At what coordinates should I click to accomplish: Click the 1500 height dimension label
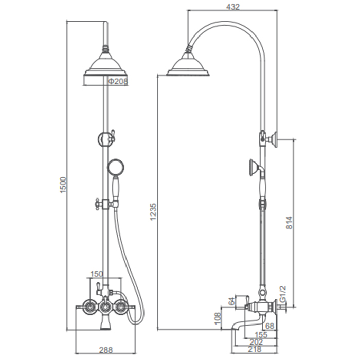[63, 185]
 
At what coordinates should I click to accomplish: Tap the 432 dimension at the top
[233, 7]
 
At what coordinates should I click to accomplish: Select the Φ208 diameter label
[118, 81]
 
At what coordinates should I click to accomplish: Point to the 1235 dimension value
[153, 211]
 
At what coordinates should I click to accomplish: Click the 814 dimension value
[289, 223]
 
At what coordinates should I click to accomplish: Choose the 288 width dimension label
[106, 350]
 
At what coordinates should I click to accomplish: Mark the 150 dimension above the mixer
[97, 274]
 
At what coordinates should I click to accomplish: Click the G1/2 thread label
[283, 294]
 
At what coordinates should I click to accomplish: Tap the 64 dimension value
[232, 301]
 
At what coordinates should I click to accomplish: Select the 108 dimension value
[218, 318]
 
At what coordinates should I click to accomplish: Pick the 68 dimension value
[269, 326]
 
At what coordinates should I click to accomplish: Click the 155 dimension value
[261, 334]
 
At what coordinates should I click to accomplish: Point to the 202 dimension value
[256, 342]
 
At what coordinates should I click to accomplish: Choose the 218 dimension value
[255, 349]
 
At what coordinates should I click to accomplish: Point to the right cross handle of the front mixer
[121, 307]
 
